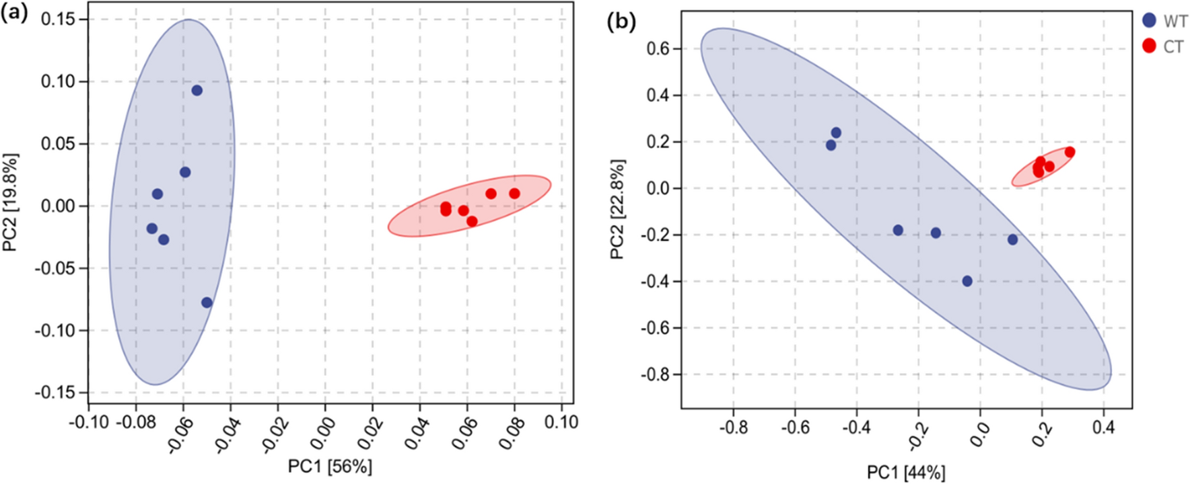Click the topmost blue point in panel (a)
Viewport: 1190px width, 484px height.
point(197,90)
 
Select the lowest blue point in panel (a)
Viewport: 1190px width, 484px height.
point(207,302)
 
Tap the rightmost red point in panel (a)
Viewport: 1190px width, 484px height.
point(514,194)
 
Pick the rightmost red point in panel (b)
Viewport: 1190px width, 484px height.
point(1070,152)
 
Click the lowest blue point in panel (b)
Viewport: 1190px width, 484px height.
point(967,281)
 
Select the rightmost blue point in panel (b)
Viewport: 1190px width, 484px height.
point(1012,239)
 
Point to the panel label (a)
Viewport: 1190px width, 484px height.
point(15,13)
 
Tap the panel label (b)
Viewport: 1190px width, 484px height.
point(621,22)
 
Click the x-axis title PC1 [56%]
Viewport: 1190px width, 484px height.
point(330,466)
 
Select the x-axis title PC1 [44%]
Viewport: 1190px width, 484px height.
point(906,473)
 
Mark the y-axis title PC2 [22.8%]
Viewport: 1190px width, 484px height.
point(617,209)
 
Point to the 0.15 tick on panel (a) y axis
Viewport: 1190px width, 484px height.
point(58,19)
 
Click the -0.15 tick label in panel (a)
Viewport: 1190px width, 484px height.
point(55,392)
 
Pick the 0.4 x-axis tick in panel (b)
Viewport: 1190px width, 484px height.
point(1103,428)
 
